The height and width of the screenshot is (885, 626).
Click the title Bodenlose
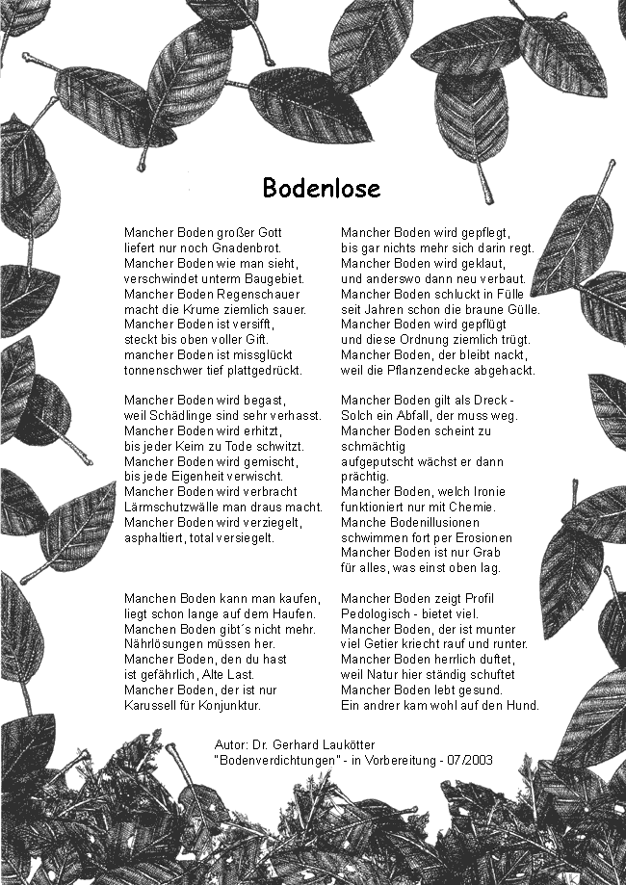click(321, 188)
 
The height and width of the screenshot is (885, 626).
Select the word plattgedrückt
click(259, 371)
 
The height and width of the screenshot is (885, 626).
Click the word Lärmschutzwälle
click(170, 508)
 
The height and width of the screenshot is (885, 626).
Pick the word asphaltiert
click(154, 538)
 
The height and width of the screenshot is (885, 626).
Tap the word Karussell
click(152, 706)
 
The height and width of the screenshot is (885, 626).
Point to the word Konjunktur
click(227, 706)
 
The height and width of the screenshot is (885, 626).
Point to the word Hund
click(524, 706)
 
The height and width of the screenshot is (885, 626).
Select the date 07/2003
click(471, 761)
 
